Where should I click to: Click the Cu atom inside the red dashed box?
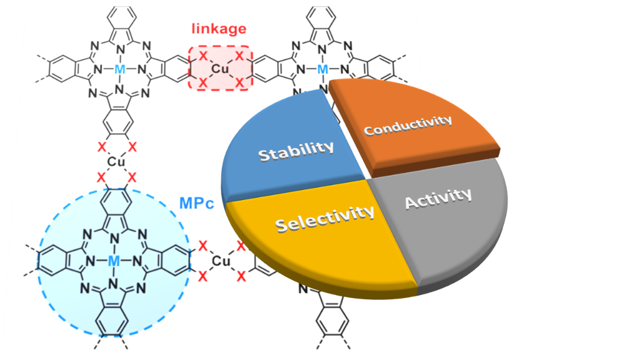pyautogui.click(x=220, y=69)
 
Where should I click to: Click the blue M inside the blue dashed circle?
pyautogui.click(x=114, y=260)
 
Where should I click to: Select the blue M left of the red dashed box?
pyautogui.click(x=120, y=69)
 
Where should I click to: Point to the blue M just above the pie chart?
pyautogui.click(x=322, y=70)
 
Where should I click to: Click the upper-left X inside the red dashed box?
pyautogui.click(x=202, y=55)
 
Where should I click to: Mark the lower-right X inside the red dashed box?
pyautogui.click(x=239, y=83)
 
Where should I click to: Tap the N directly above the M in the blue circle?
pyautogui.click(x=114, y=238)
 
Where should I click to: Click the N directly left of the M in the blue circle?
pyautogui.click(x=90, y=260)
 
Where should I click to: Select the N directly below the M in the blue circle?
pyautogui.click(x=114, y=283)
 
